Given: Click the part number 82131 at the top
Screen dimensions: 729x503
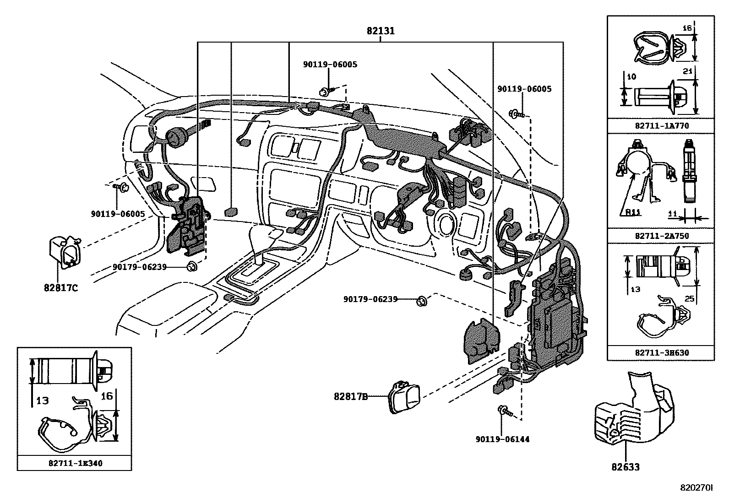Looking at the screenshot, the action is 381,31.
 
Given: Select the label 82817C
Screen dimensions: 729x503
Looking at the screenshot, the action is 61,288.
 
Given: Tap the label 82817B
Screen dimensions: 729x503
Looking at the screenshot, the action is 350,396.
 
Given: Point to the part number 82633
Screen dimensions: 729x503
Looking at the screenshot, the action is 626,467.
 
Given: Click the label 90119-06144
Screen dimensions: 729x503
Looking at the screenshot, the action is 502,439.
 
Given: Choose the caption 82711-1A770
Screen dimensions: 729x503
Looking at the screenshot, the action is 662,125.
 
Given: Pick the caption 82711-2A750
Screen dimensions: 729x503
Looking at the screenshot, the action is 662,236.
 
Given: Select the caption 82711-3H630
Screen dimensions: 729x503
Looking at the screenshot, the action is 662,353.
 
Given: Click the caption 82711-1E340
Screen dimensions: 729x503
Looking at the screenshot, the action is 76,463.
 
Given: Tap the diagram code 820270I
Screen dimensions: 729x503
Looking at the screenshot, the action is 696,488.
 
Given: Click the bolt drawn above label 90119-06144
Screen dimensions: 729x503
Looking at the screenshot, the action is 505,411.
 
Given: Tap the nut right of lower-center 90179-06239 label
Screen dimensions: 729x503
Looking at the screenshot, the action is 422,301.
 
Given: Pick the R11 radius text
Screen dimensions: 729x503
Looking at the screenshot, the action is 633,212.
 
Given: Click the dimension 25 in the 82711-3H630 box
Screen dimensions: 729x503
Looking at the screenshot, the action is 689,298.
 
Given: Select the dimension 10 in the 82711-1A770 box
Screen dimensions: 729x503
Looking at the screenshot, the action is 631,77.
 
